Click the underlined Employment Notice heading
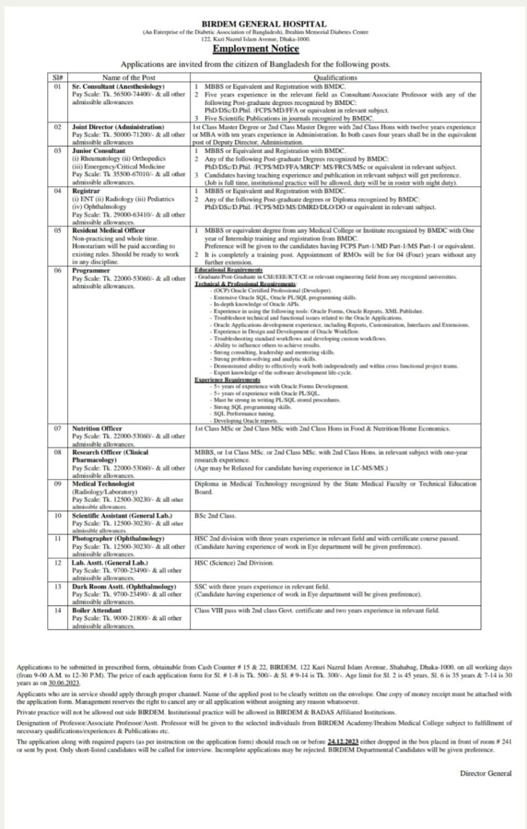tap(265, 49)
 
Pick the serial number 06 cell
tap(57, 271)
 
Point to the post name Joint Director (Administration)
tap(118, 128)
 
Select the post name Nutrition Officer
tap(97, 428)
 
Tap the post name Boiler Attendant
tap(97, 610)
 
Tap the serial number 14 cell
tap(57, 610)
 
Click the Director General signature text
tap(485, 773)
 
